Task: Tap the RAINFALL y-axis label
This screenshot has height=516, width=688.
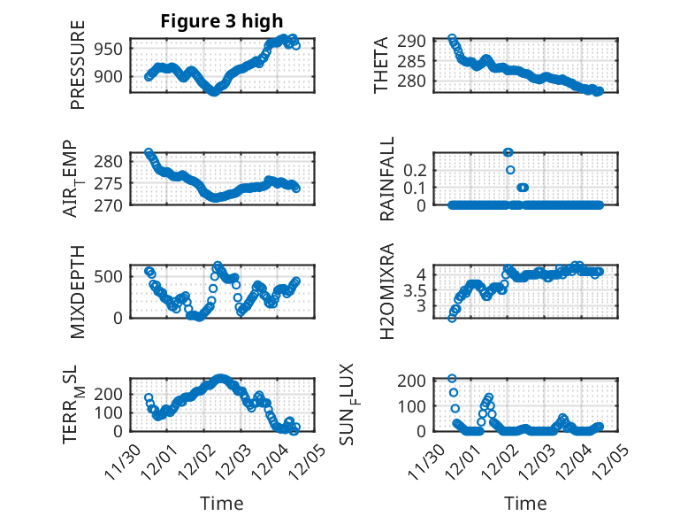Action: coord(386,178)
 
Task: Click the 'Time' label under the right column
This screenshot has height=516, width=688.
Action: coord(525,503)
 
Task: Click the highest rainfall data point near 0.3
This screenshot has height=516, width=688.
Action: coord(508,152)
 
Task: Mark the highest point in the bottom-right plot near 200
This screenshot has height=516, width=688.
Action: coord(452,379)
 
